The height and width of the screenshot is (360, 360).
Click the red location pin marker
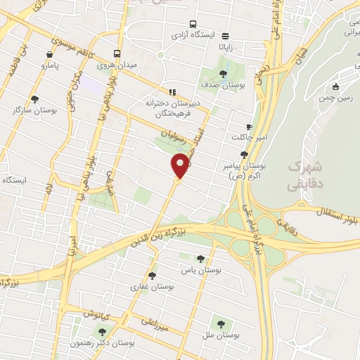(x=180, y=167)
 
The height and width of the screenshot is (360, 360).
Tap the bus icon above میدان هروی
(x=117, y=54)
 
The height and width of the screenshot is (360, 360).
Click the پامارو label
(x=50, y=66)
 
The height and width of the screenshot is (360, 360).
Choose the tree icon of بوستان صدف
(x=223, y=72)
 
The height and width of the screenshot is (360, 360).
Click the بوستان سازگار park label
(x=34, y=110)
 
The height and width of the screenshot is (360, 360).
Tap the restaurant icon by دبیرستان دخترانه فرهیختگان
(x=172, y=91)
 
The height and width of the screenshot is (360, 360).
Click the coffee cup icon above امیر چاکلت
(x=248, y=127)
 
